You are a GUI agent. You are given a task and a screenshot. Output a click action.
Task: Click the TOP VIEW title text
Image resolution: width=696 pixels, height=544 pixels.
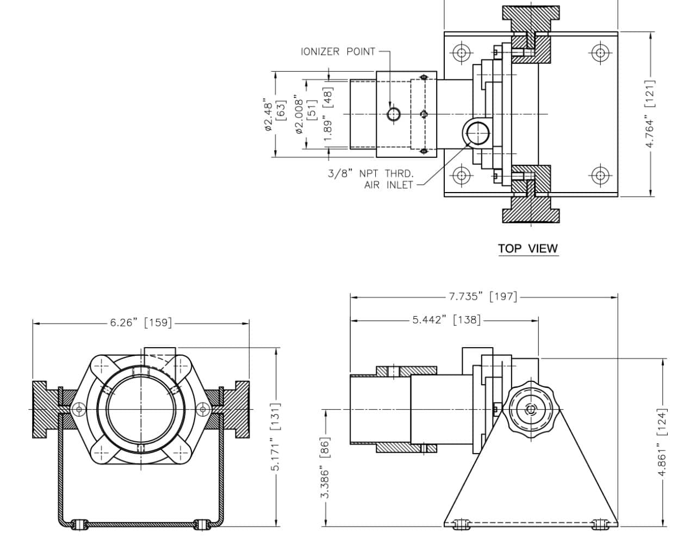pyautogui.click(x=528, y=249)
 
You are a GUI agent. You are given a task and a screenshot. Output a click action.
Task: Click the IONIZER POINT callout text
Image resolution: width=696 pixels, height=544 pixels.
pyautogui.click(x=338, y=52)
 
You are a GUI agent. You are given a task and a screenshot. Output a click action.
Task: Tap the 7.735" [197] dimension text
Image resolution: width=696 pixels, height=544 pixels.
pyautogui.click(x=483, y=296)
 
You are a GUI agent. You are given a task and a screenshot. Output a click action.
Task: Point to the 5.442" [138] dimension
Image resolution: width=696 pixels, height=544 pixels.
pyautogui.click(x=446, y=320)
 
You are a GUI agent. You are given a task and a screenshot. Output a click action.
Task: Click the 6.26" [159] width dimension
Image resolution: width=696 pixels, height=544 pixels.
pyautogui.click(x=141, y=323)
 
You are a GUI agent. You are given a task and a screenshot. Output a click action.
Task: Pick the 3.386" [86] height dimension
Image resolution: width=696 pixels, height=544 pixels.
pyautogui.click(x=325, y=468)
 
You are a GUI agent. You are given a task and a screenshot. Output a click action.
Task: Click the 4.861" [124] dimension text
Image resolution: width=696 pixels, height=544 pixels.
pyautogui.click(x=662, y=442)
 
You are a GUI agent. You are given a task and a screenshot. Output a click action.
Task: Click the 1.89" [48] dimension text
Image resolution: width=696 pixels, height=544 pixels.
pyautogui.click(x=328, y=114)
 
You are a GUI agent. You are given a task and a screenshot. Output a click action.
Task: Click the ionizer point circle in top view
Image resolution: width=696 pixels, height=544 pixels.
pyautogui.click(x=394, y=114)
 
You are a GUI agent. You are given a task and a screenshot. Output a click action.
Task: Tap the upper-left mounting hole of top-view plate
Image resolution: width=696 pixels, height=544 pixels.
pyautogui.click(x=462, y=53)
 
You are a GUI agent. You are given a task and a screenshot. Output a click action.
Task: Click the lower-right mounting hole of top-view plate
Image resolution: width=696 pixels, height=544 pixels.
pyautogui.click(x=600, y=175)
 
